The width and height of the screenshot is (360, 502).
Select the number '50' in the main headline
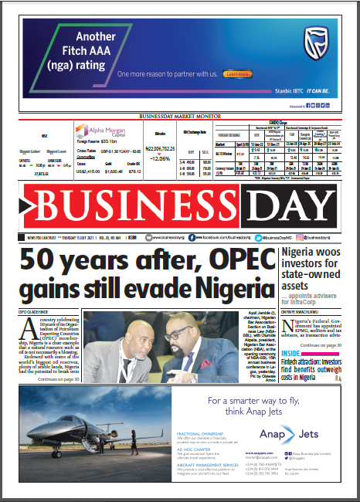click(x=40, y=262)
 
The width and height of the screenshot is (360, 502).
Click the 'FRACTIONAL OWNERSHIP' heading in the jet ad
click(x=195, y=433)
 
